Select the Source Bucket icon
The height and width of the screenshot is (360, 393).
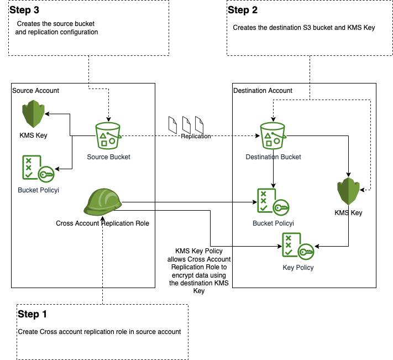[108, 136]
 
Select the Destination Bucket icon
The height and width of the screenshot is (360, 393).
[273, 136]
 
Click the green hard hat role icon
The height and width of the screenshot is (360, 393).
[102, 202]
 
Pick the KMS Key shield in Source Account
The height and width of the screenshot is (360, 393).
[34, 114]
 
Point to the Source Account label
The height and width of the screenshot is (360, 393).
[35, 90]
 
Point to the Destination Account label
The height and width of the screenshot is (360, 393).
[263, 90]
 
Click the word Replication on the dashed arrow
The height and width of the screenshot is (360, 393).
[196, 136]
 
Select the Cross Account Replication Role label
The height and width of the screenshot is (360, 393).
[102, 223]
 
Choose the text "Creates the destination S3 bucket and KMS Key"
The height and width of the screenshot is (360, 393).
[304, 27]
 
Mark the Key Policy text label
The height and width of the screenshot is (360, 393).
[298, 268]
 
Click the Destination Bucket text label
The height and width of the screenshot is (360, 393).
[273, 157]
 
